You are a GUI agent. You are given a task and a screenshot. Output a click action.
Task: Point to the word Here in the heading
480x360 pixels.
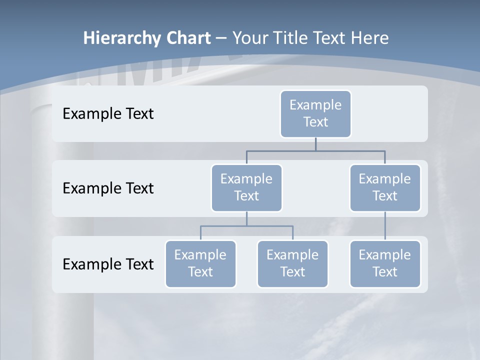click(x=370, y=38)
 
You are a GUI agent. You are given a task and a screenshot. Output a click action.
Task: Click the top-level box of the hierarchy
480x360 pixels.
click(x=315, y=114)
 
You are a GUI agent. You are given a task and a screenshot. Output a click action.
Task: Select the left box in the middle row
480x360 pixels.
click(x=246, y=188)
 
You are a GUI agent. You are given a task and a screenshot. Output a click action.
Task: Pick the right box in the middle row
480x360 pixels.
click(x=385, y=188)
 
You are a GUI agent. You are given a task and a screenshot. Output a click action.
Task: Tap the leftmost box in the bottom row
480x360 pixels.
click(x=200, y=264)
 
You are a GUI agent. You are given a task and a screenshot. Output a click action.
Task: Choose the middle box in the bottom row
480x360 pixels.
click(x=292, y=264)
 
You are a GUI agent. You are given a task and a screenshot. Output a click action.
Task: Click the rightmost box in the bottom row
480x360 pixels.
click(x=385, y=264)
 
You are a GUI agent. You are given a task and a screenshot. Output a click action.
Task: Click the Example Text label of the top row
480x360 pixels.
click(x=108, y=114)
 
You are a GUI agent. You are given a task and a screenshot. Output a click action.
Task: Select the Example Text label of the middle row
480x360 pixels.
click(x=108, y=188)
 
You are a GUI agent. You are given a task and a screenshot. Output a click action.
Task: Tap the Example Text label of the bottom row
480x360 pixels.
click(x=108, y=264)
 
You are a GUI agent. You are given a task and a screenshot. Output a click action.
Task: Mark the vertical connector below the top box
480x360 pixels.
click(x=315, y=144)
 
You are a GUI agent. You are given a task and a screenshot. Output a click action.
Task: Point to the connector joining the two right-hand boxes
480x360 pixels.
click(x=385, y=226)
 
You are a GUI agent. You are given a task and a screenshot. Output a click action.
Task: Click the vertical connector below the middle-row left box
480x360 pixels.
click(x=246, y=219)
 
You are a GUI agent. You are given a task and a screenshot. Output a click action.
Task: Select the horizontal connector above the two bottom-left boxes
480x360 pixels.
click(x=246, y=226)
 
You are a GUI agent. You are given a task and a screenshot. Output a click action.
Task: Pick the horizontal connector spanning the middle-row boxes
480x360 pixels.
click(x=315, y=150)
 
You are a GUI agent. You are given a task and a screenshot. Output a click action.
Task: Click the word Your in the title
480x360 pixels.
click(x=250, y=38)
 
